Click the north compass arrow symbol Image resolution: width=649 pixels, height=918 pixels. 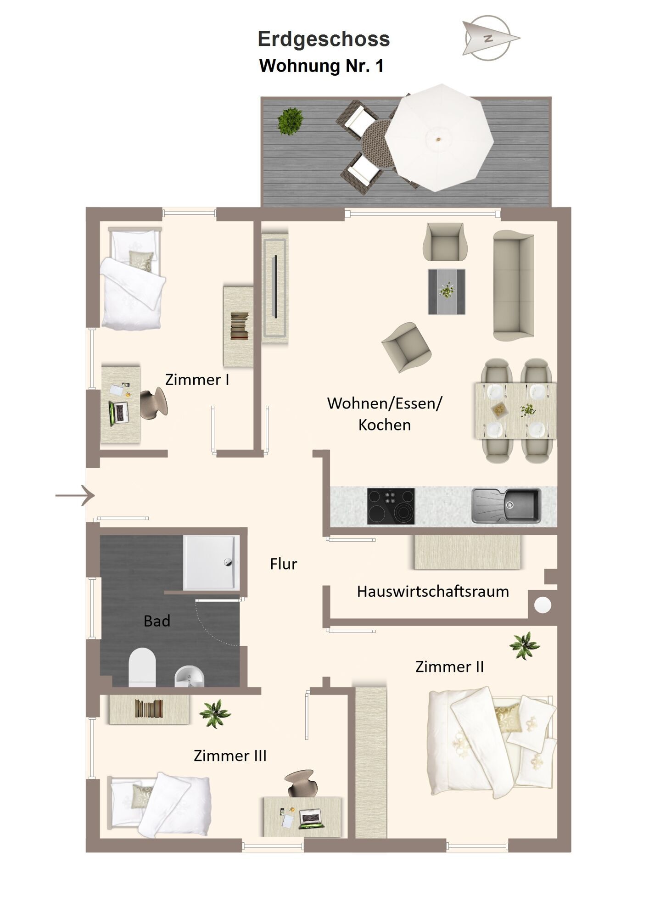[491, 39]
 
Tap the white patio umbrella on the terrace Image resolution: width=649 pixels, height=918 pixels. [439, 138]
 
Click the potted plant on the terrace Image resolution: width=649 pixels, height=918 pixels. [291, 121]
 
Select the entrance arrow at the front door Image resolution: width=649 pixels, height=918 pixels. [75, 495]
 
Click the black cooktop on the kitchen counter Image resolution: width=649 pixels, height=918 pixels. [391, 506]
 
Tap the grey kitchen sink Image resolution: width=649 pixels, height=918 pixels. [506, 506]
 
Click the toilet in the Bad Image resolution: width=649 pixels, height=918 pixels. [142, 667]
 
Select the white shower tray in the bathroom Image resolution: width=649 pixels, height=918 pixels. [211, 563]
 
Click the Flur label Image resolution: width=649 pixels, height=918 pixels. [284, 564]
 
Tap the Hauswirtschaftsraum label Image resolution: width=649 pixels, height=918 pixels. [433, 591]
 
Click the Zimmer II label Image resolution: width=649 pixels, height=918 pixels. [450, 666]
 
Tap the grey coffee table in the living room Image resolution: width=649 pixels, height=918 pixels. [447, 292]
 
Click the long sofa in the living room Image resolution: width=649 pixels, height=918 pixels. [514, 285]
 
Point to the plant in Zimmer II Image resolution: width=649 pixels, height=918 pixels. [524, 645]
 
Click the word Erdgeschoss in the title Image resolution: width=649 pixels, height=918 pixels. [324, 39]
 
